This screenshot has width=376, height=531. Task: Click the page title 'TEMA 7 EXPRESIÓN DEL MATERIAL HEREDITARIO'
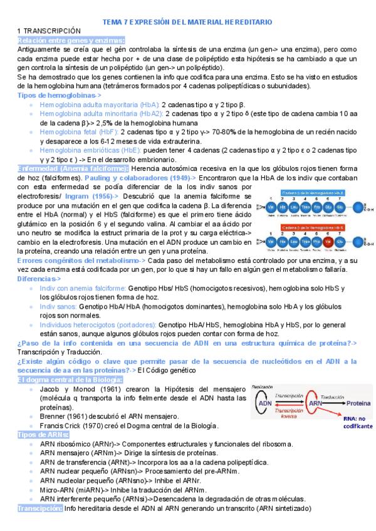(187, 22)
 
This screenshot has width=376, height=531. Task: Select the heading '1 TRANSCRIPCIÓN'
(50, 31)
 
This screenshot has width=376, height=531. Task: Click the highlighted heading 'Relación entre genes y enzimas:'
(71, 39)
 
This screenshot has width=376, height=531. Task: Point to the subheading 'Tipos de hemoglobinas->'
(60, 95)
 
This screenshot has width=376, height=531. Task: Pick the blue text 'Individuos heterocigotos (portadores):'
(97, 326)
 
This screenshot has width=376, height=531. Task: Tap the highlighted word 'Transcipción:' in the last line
(40, 508)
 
